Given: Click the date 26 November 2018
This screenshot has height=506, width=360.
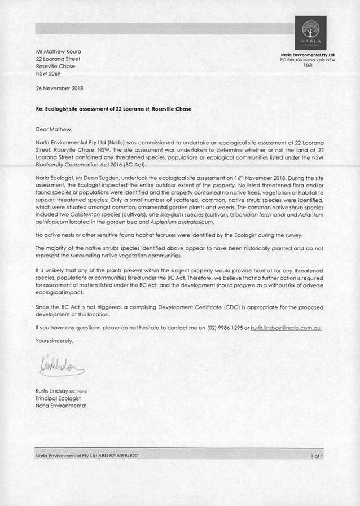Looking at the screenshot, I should [59, 89].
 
